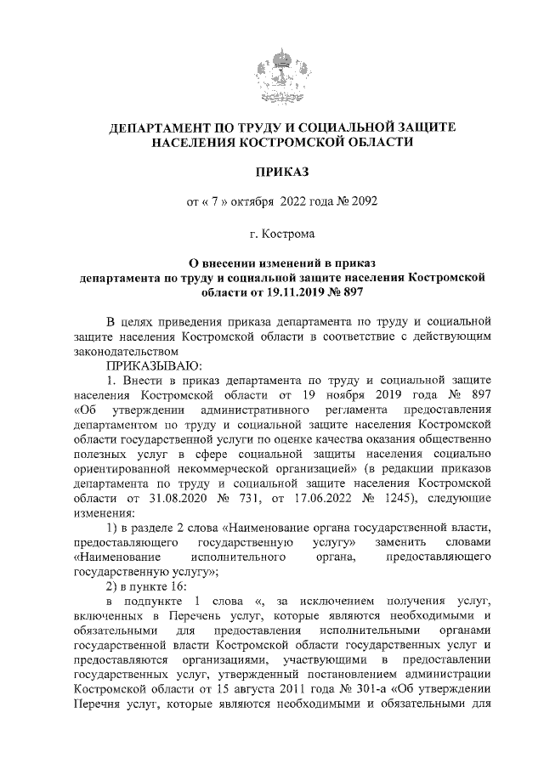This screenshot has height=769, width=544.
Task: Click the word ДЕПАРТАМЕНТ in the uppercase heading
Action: (166, 127)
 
